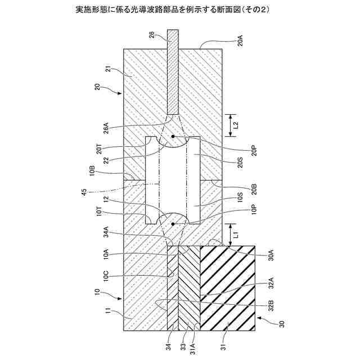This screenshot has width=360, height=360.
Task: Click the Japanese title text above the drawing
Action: tap(180, 10)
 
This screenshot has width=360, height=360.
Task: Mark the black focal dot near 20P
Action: tap(173, 136)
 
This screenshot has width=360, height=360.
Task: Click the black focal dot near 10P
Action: tap(173, 223)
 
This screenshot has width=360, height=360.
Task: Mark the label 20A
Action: tap(239, 40)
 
